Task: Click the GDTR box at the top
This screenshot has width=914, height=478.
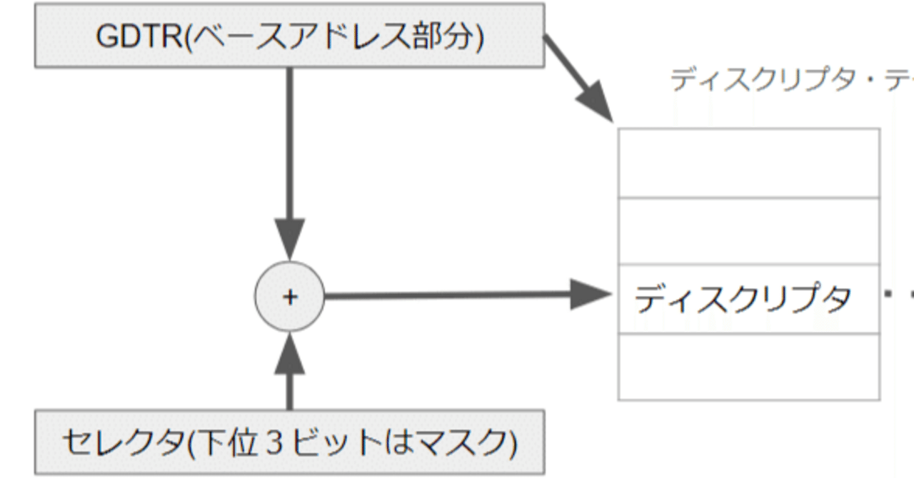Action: coord(289,36)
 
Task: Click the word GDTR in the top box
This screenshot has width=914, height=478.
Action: coord(139,36)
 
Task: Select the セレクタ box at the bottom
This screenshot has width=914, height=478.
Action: coord(289,442)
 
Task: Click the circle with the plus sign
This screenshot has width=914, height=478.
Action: coord(289,298)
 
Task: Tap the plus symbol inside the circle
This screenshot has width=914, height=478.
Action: coord(289,298)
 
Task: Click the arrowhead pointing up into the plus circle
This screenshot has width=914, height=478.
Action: coord(289,353)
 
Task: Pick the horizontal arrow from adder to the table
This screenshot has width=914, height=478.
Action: coord(450,295)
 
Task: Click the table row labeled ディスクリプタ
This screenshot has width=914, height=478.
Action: coord(748,298)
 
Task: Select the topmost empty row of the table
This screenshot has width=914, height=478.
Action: coord(748,163)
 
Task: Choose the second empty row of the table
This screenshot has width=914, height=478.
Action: coord(748,230)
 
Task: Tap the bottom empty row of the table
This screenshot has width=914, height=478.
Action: coord(748,366)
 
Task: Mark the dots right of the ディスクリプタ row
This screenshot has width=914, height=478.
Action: coord(898,293)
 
